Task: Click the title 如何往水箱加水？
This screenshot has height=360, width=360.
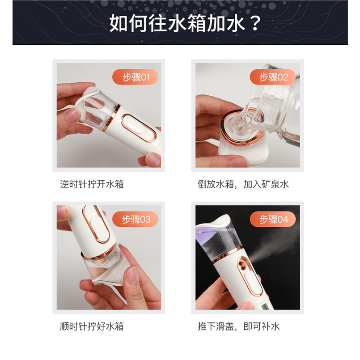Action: pos(185,23)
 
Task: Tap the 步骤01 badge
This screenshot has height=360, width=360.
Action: pos(135,77)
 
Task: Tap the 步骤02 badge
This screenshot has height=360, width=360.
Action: pos(273,77)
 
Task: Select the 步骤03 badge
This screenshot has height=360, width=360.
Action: pos(135,219)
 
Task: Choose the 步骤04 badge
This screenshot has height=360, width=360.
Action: pos(273,219)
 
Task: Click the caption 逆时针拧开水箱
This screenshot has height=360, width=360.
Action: pos(92,184)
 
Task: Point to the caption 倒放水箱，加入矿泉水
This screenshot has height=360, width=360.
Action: pos(243,184)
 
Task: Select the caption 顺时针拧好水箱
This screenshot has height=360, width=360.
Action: pos(92,326)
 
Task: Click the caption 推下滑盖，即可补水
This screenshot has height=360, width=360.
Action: pos(239,326)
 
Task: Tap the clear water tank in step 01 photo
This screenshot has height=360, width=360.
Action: pos(100,110)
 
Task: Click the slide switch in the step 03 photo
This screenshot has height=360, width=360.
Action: pos(97,224)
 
